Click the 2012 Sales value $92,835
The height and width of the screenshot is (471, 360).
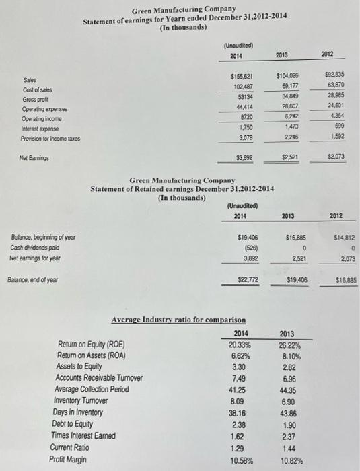click(x=335, y=75)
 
